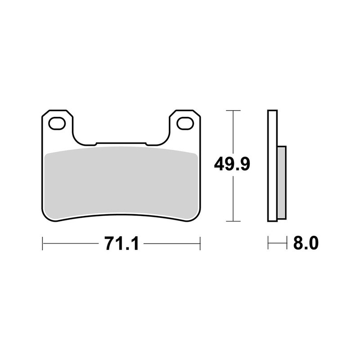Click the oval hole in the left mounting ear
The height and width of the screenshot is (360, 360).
(x=57, y=122)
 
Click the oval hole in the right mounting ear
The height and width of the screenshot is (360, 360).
(x=184, y=122)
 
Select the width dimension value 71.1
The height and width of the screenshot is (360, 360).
(x=121, y=244)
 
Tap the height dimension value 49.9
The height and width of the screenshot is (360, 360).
(x=232, y=164)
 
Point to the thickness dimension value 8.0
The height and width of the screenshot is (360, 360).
(x=306, y=244)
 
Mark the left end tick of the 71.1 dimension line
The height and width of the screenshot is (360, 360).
(x=42, y=244)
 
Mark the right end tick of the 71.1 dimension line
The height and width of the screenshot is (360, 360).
(x=200, y=244)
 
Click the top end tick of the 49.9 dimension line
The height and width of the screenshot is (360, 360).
(x=232, y=110)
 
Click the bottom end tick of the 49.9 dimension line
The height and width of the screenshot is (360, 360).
(x=232, y=221)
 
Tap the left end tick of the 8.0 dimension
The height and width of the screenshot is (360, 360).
(x=268, y=244)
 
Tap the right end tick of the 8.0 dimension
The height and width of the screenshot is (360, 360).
(x=286, y=244)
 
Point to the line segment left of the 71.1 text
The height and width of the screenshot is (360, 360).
(x=72, y=244)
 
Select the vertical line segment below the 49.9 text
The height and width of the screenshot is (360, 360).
(x=232, y=198)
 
